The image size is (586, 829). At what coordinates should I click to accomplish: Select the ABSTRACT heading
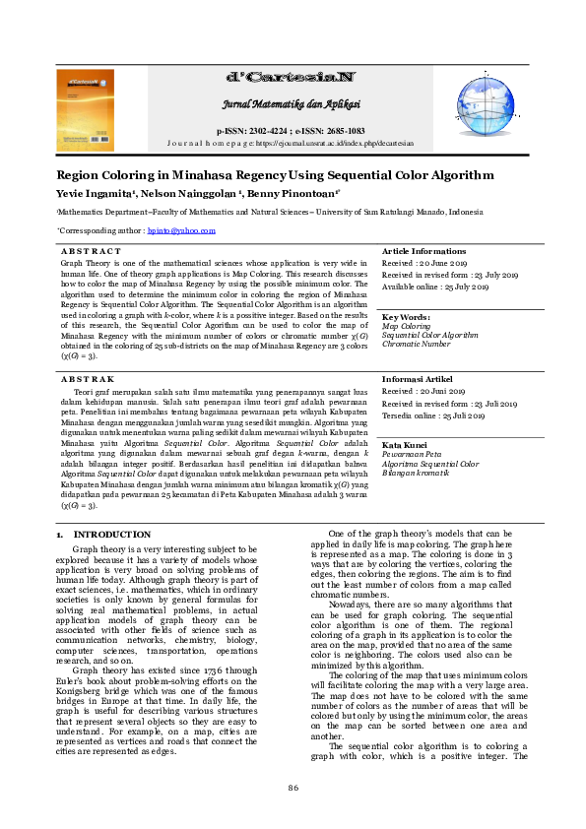click(x=91, y=252)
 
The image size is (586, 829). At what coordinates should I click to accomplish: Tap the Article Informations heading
click(x=423, y=252)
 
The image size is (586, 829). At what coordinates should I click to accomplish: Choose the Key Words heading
click(x=406, y=317)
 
